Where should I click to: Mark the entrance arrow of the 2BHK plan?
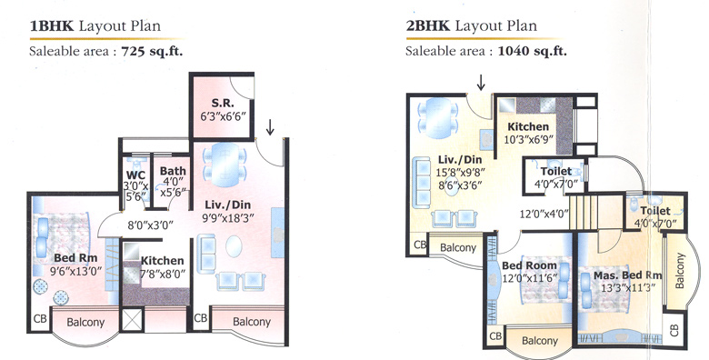(x=481, y=83)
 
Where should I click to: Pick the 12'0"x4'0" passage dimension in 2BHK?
(x=544, y=215)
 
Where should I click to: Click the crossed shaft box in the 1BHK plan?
(x=133, y=322)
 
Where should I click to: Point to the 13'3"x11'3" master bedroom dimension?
(x=626, y=289)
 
